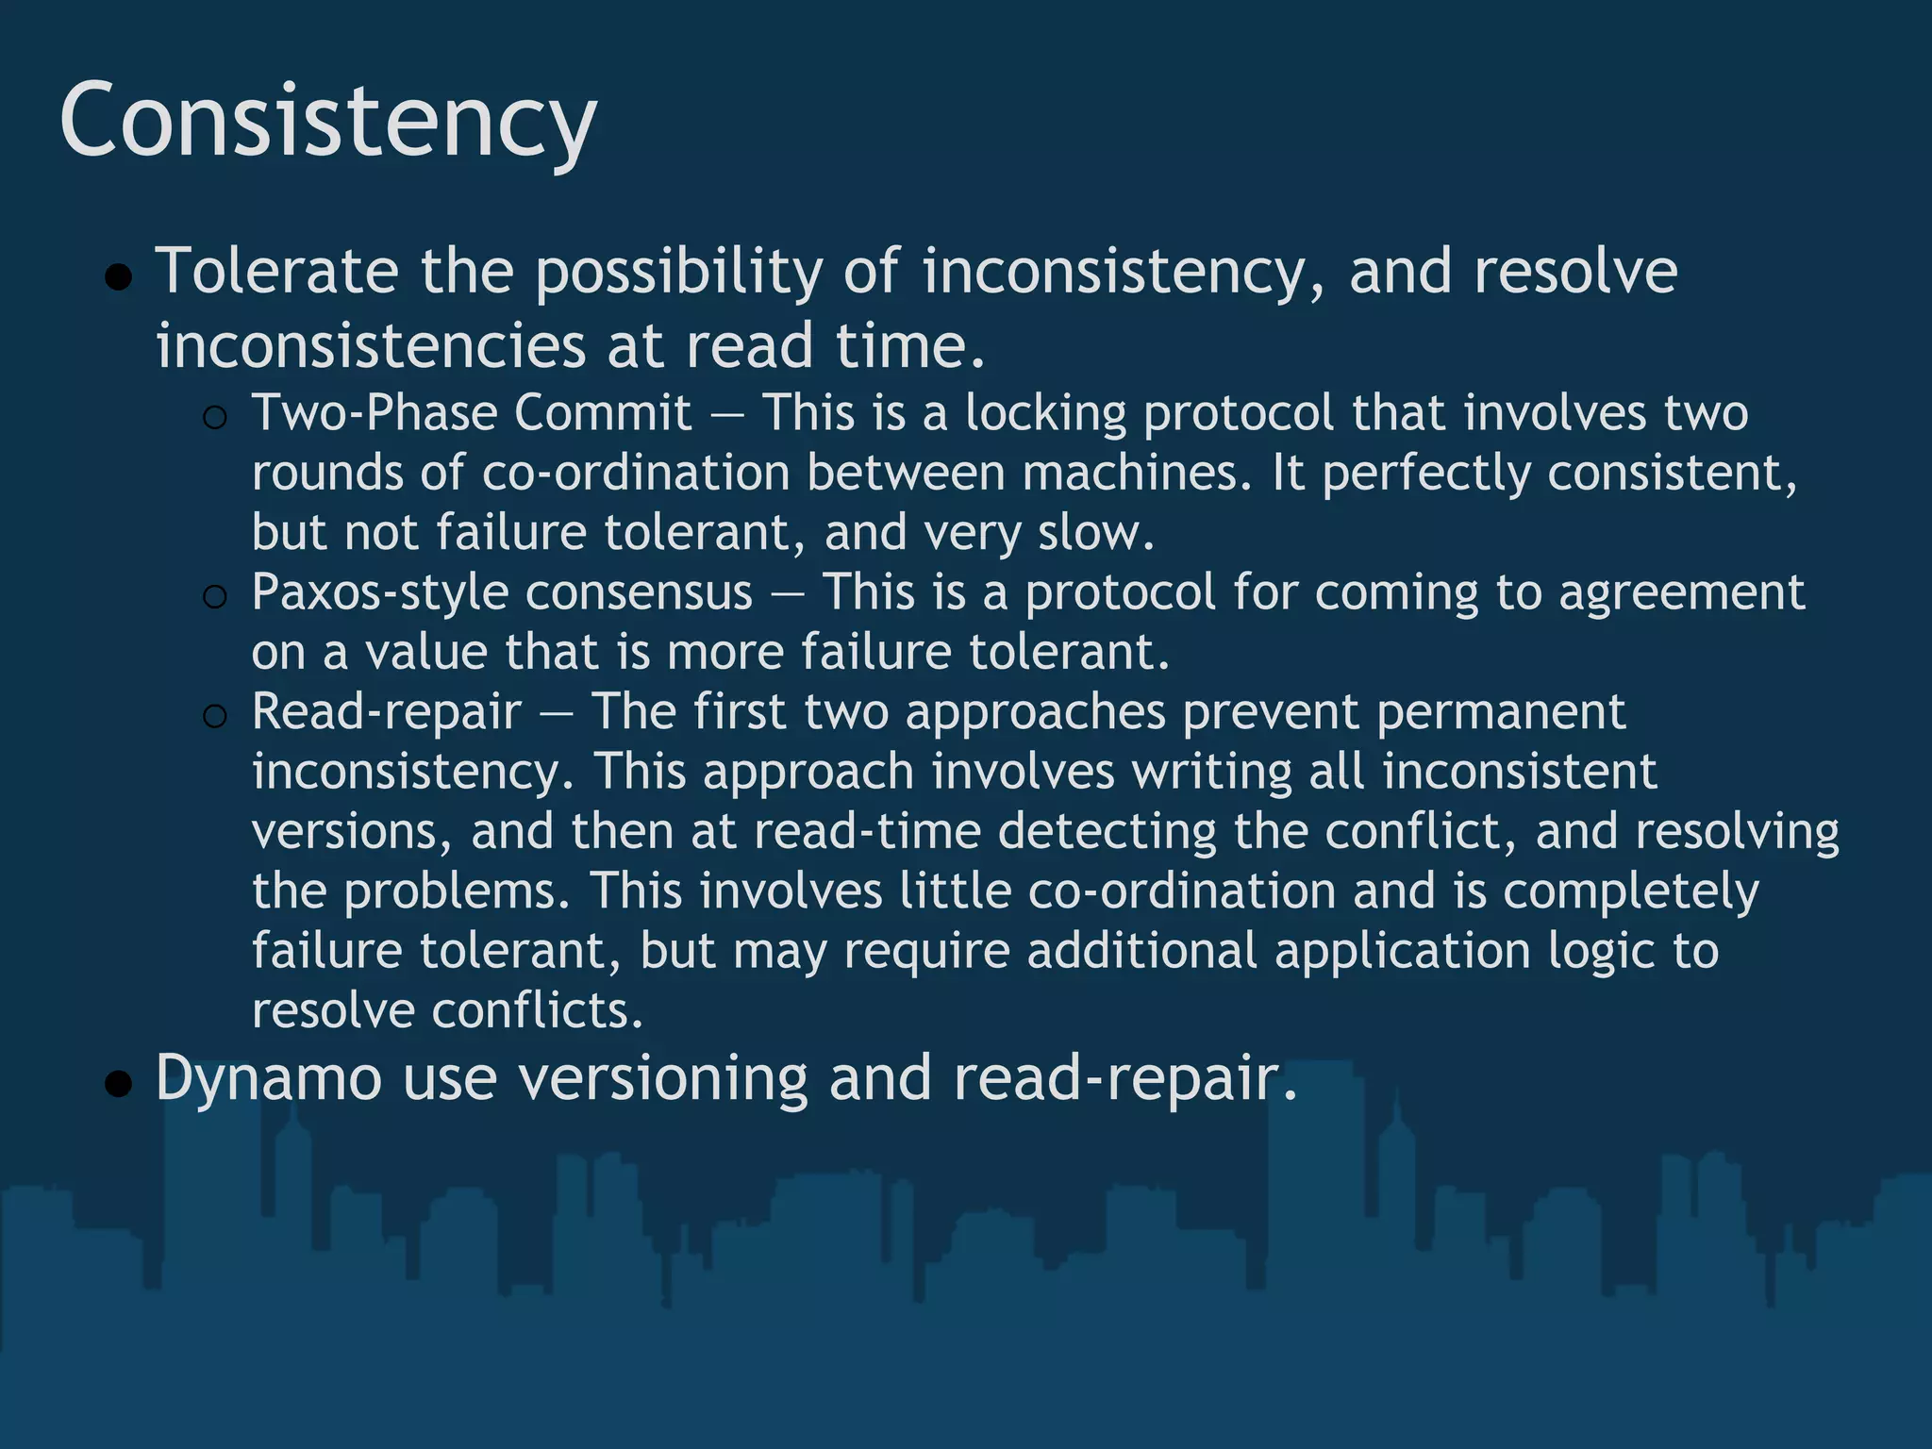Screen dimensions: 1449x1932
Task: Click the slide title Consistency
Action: click(327, 122)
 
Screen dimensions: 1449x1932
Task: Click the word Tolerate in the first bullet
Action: click(276, 272)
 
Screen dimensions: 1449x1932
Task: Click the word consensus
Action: click(639, 592)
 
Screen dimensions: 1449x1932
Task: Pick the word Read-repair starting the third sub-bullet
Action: click(386, 711)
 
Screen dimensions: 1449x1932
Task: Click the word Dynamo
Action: click(268, 1077)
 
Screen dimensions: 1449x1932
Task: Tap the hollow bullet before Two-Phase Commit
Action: click(215, 417)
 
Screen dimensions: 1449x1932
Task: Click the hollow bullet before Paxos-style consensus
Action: click(215, 596)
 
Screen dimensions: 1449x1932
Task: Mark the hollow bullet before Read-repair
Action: click(215, 716)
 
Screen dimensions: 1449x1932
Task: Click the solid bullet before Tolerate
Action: click(119, 278)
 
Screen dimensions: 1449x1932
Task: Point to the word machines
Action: click(1136, 474)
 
